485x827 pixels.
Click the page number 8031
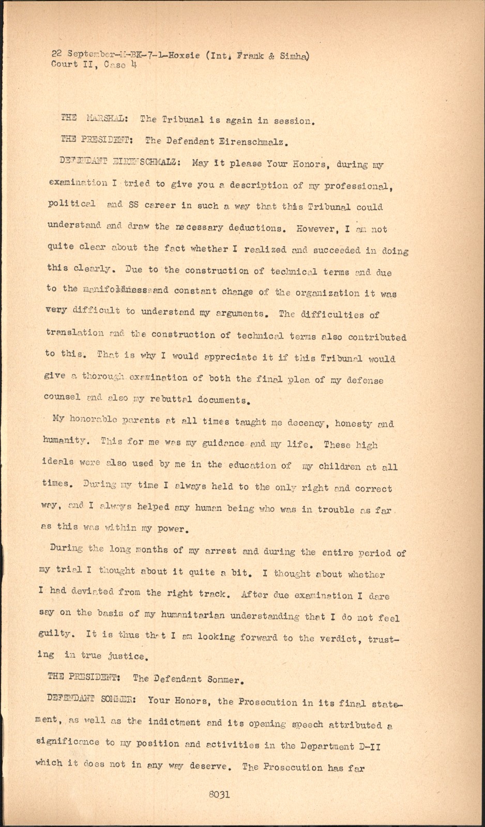219,795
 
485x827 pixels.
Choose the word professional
355,187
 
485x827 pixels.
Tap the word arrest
220,551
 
